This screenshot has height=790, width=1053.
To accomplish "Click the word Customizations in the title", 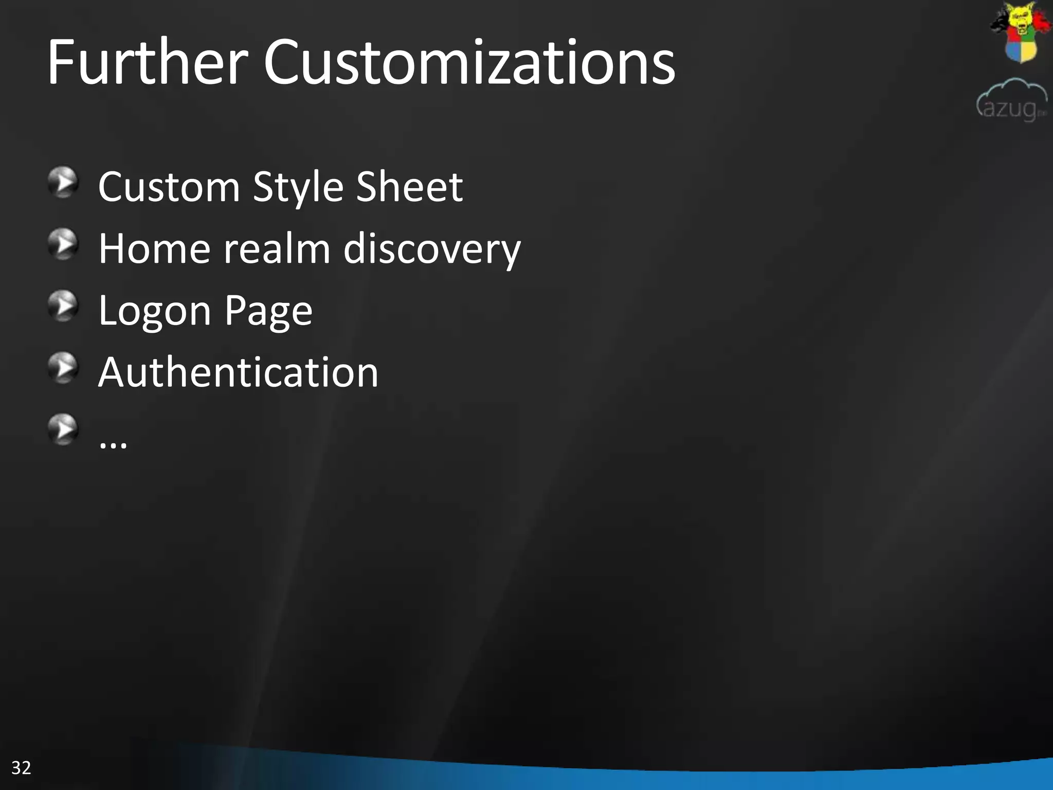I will [x=469, y=63].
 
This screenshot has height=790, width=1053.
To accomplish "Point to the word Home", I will [x=154, y=249].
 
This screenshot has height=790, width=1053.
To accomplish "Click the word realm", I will [x=277, y=249].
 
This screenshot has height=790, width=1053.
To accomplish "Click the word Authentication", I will [x=238, y=372].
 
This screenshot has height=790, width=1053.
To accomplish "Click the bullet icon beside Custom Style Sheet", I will [x=63, y=182].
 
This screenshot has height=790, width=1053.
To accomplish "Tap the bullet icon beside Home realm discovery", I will [x=63, y=244].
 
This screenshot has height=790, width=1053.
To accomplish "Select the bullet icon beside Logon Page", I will [x=63, y=306].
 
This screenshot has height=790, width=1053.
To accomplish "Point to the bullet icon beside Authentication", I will [x=63, y=368].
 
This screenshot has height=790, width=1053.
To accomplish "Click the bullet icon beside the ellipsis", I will [x=63, y=429].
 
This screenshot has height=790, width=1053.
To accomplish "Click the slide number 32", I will [x=21, y=768].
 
